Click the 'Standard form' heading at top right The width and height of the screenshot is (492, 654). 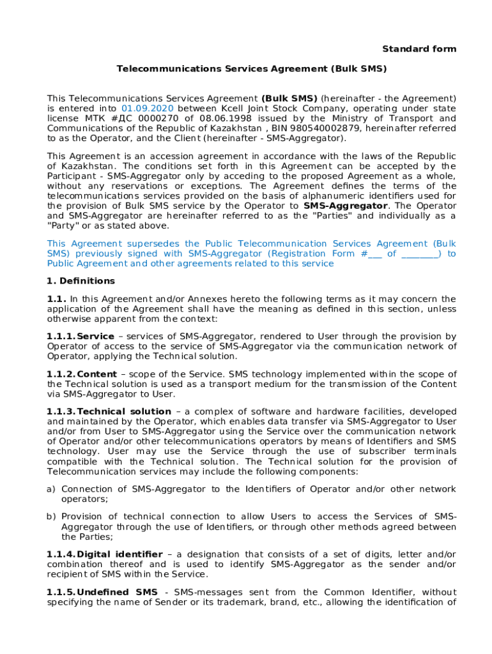coord(419,49)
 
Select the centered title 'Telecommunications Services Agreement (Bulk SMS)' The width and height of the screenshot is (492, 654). coord(252,68)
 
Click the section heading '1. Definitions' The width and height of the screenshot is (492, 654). coord(81,281)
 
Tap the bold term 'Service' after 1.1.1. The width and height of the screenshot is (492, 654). coord(95,336)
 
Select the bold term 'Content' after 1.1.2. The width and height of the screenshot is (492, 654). coord(96,374)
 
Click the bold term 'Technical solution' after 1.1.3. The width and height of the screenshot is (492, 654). coord(123,411)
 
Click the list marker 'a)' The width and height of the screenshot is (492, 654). coord(52,489)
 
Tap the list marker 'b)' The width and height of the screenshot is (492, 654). coord(52,516)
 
